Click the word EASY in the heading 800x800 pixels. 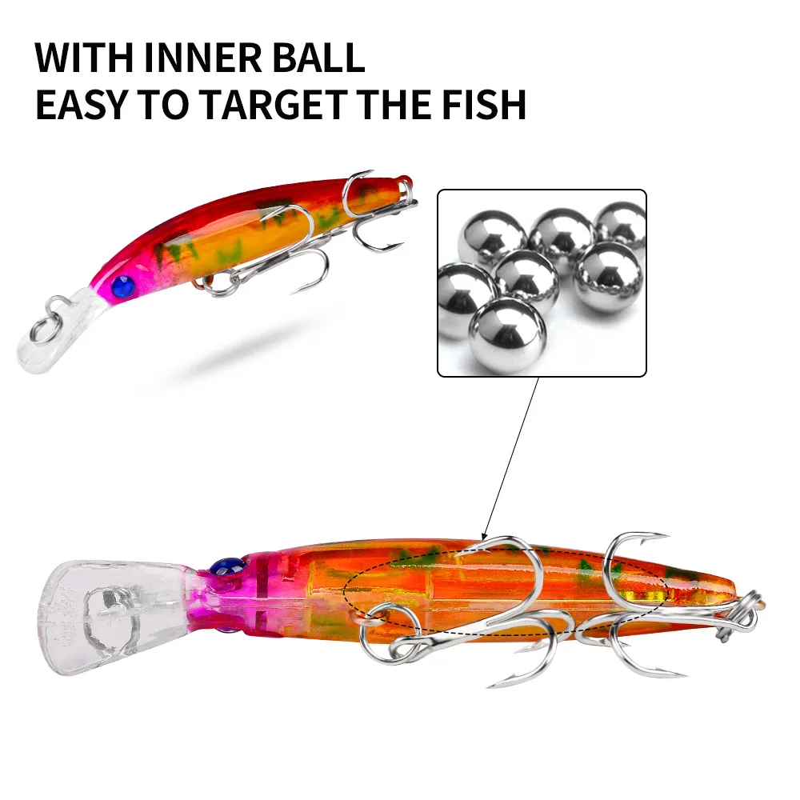[x=81, y=104]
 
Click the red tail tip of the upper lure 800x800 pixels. [x=405, y=180]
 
